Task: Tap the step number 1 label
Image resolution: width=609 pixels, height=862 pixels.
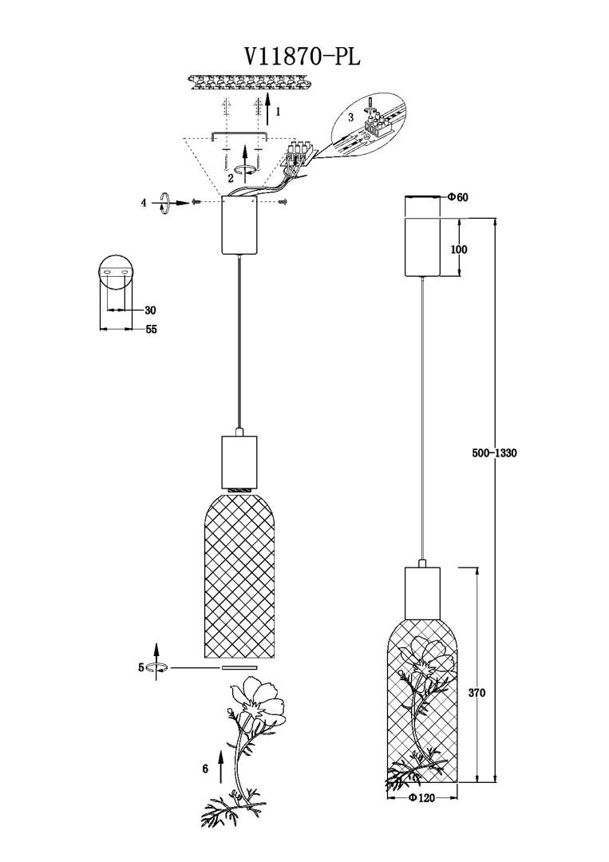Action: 278,113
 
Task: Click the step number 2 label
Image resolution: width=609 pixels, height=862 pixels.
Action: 230,177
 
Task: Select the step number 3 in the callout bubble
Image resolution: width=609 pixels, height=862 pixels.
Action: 350,117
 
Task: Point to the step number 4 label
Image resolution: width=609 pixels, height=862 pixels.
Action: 144,203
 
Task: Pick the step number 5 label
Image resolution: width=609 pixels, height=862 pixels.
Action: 141,667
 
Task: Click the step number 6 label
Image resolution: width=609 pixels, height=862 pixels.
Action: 205,769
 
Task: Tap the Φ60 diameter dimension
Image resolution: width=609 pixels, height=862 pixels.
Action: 457,197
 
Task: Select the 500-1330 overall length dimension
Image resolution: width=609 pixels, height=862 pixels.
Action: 494,453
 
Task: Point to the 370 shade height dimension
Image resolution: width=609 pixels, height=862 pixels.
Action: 477,693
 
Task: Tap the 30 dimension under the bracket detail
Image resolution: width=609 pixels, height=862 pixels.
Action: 150,310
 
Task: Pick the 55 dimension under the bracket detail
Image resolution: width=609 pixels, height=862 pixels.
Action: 151,329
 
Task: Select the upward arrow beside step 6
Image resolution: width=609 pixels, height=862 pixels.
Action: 220,765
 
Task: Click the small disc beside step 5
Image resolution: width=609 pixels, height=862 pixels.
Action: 239,667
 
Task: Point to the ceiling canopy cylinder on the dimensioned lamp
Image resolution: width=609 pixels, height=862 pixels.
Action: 423,246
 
